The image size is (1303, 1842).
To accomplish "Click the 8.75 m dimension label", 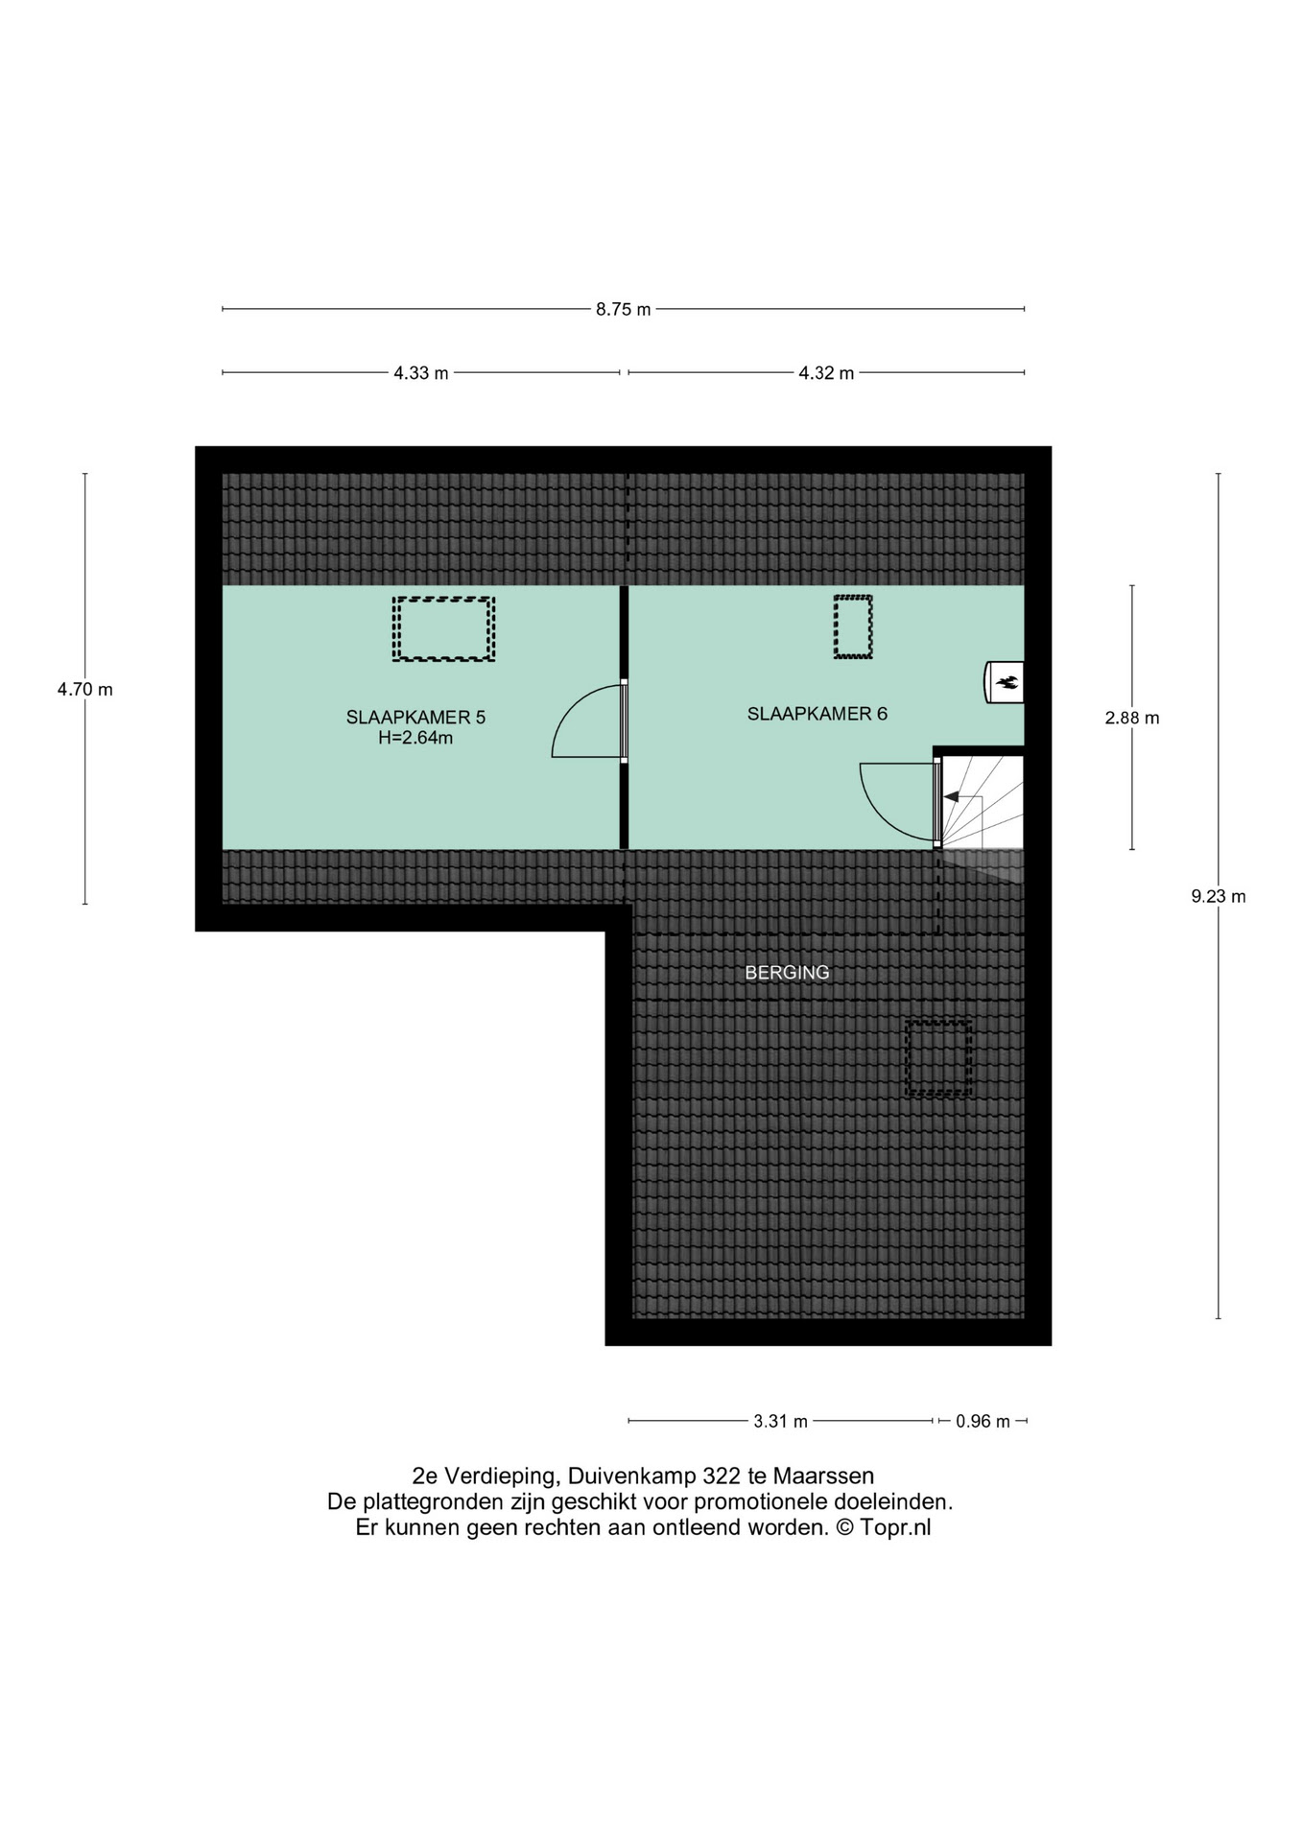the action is click(x=623, y=309).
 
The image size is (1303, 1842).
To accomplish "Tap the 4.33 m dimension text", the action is click(x=421, y=373).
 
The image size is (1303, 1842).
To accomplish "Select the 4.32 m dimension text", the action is click(x=826, y=373).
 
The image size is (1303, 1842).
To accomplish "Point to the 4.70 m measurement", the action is click(x=84, y=689).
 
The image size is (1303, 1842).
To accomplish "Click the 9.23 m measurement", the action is click(x=1219, y=897).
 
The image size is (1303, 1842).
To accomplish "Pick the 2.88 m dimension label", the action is click(x=1132, y=718).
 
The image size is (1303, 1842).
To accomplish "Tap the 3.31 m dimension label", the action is click(x=780, y=1422).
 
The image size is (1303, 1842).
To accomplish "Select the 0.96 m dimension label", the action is click(x=983, y=1422).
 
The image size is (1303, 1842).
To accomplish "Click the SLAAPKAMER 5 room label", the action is click(x=415, y=718).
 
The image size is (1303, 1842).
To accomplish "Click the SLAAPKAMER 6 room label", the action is click(x=817, y=714).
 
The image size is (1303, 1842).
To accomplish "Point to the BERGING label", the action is click(x=787, y=973).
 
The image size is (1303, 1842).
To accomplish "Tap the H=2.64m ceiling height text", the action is click(x=415, y=738).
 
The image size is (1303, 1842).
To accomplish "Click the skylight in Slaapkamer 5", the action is click(x=443, y=629).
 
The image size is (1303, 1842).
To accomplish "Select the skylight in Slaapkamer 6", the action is click(x=853, y=627).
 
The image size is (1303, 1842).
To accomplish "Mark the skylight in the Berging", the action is click(x=938, y=1058).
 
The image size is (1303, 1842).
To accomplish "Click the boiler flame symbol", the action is click(x=1007, y=682).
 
